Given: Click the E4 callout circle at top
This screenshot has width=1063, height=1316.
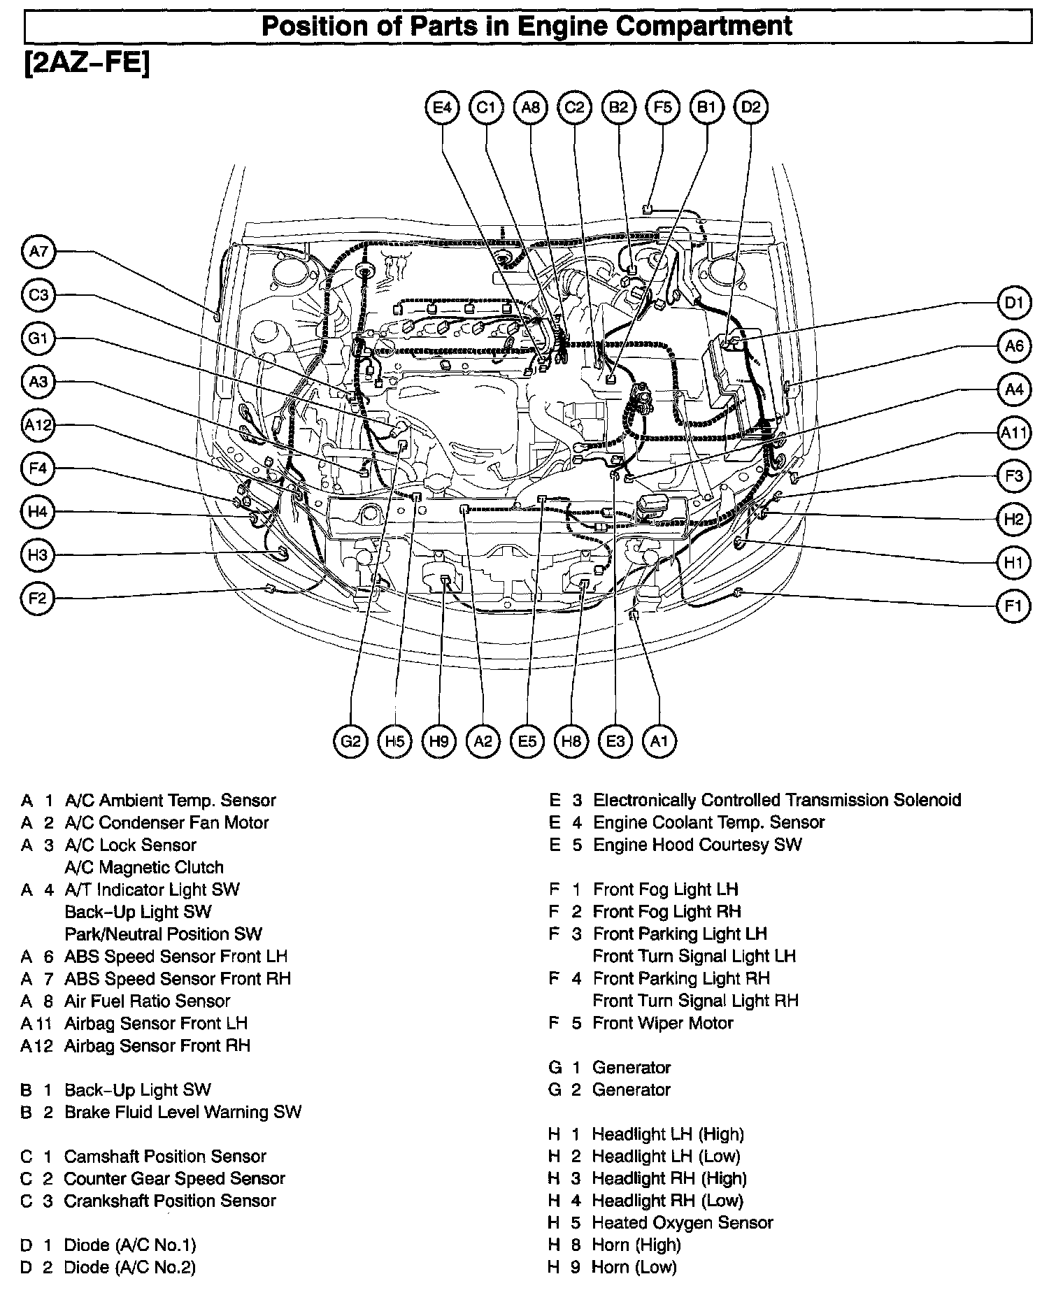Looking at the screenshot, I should pos(443,107).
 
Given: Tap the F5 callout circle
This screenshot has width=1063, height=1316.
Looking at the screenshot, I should pos(663,107).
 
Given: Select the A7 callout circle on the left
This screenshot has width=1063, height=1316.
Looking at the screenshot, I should pos(38,251).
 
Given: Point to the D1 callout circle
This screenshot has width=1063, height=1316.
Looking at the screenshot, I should pos(1013,303).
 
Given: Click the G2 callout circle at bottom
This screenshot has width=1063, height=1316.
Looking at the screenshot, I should pos(350,741).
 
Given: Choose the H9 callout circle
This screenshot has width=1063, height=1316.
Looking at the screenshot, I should pos(438,741).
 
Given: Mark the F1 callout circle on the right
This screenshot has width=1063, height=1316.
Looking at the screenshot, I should pos(1013,606).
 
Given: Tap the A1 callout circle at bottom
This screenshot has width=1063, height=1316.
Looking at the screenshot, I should pos(659,741).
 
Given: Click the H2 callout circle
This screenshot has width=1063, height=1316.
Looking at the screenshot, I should pos(1013,519).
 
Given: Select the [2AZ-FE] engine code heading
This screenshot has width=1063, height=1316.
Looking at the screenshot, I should pos(87,64).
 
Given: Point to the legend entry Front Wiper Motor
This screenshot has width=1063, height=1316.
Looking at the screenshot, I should pos(662,1023).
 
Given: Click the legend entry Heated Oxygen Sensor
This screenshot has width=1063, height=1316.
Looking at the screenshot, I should pos(682,1222).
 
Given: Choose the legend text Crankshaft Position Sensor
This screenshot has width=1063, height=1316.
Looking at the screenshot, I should pos(169,1201).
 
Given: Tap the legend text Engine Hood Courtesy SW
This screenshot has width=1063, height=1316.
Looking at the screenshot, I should pos(697,845).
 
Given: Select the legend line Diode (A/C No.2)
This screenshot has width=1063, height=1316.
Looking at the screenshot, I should pos(129,1267).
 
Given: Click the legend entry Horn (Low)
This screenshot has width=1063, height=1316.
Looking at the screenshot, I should pos(634,1266).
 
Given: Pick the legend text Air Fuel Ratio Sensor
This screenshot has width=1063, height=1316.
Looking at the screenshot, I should pos(147,1001).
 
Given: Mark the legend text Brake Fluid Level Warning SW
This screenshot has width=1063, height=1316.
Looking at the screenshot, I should pos(183,1112).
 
